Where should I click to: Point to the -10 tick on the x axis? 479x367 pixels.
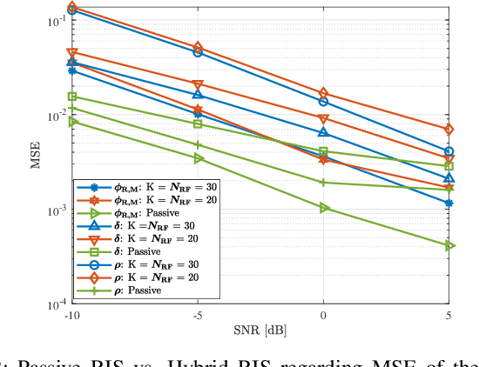point(72,315)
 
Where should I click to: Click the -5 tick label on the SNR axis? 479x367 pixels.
point(198,315)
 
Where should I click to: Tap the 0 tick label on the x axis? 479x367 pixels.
point(324,315)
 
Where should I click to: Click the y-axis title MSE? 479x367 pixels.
point(29,156)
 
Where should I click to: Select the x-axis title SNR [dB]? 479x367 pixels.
point(260,331)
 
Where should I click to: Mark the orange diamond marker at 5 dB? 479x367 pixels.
point(449,130)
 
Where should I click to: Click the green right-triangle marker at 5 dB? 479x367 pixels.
point(449,246)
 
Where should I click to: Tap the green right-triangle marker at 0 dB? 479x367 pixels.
point(324,208)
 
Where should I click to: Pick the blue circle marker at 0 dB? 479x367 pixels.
point(324,102)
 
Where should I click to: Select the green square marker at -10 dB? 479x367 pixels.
point(72,97)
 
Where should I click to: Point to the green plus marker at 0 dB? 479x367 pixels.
point(324,183)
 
